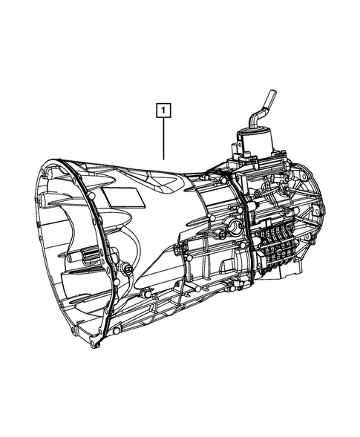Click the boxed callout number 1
point(162,112)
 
